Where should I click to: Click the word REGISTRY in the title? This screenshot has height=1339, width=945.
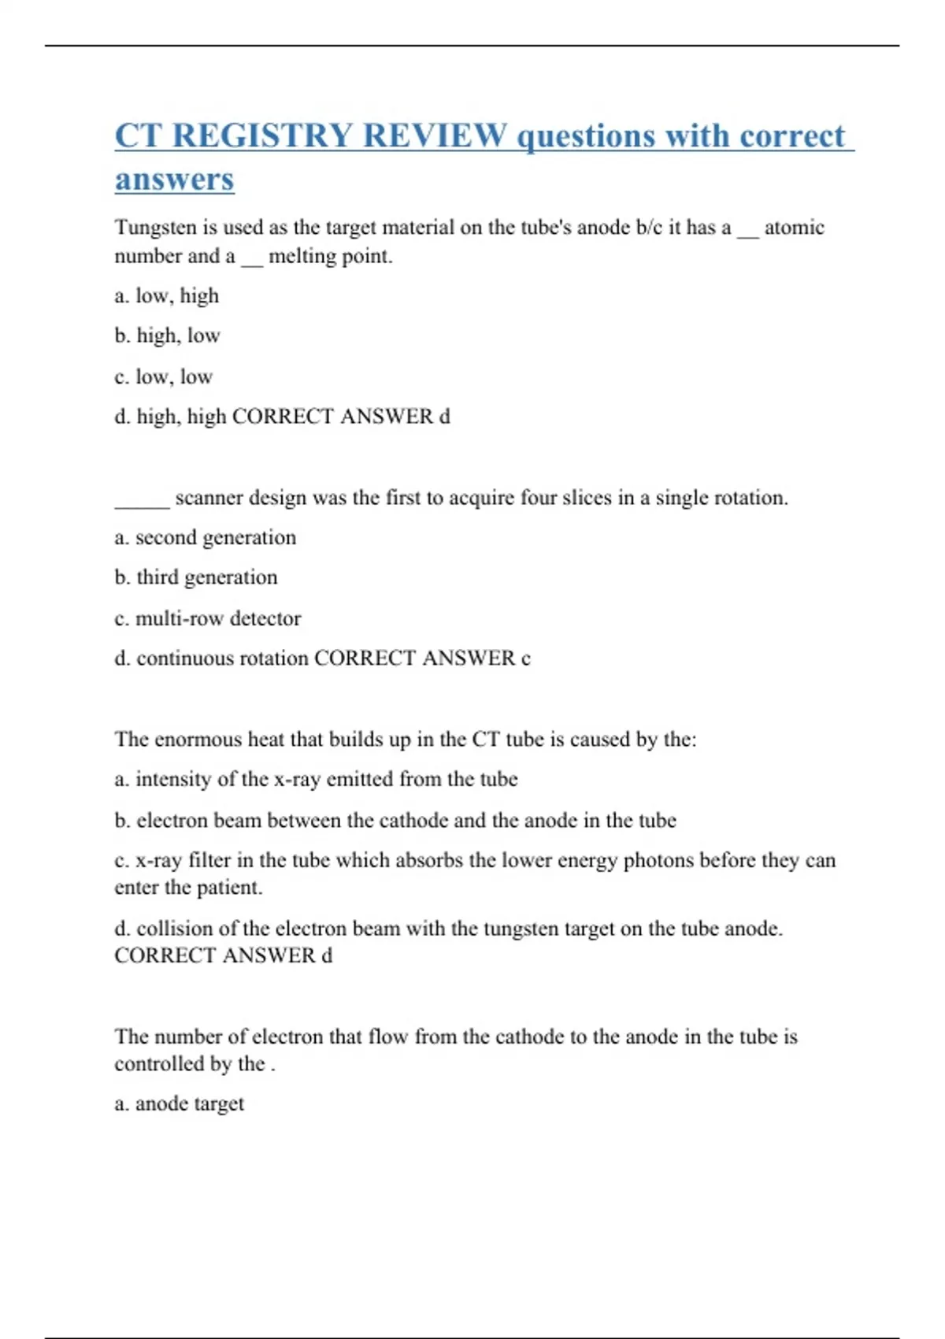pyautogui.click(x=261, y=136)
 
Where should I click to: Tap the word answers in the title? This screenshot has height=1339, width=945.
pyautogui.click(x=174, y=180)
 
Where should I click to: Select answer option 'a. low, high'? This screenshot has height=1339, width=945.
pyautogui.click(x=167, y=296)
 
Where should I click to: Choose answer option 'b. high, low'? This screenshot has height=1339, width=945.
pyautogui.click(x=168, y=336)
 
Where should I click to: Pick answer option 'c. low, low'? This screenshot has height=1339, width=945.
pyautogui.click(x=164, y=377)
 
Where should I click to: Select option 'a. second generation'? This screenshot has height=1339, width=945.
pyautogui.click(x=206, y=538)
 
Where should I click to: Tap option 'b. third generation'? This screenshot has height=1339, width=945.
pyautogui.click(x=196, y=578)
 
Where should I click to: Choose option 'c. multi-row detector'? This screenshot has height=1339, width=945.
pyautogui.click(x=208, y=619)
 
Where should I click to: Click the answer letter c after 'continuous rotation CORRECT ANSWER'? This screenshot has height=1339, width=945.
pyautogui.click(x=525, y=658)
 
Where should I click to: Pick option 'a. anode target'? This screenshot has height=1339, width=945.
pyautogui.click(x=180, y=1104)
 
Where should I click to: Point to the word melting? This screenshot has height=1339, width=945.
pyautogui.click(x=300, y=257)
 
